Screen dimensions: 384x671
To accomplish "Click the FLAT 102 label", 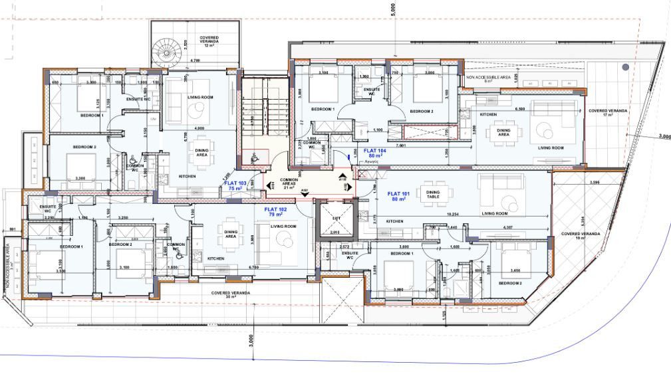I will (x=267, y=212).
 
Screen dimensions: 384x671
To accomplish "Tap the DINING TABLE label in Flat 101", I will (x=434, y=193).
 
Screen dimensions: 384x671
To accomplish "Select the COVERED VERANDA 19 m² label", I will (x=580, y=236).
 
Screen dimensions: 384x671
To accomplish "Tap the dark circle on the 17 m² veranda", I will (x=625, y=67).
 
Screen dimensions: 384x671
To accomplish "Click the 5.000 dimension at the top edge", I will (x=392, y=10).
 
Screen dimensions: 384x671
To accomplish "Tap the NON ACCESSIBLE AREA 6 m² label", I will (x=488, y=78).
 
